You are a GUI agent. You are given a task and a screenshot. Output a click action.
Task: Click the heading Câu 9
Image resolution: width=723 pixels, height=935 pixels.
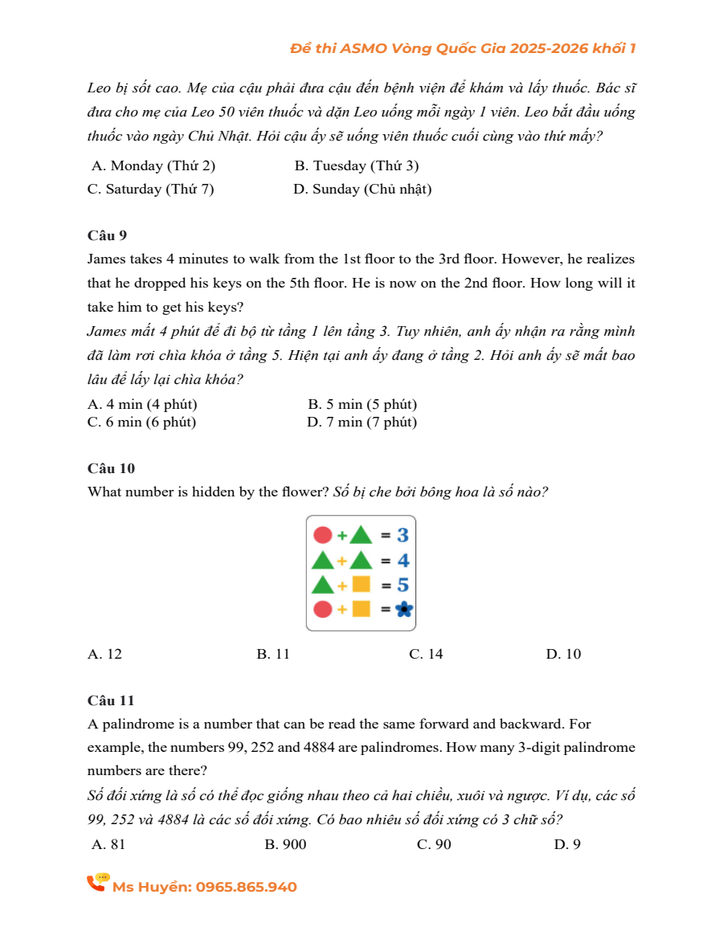tap(107, 235)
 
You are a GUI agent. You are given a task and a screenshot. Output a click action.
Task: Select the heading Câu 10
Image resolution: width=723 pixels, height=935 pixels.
tap(111, 467)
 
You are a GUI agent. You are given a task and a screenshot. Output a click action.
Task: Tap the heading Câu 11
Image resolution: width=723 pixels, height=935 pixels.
tap(111, 700)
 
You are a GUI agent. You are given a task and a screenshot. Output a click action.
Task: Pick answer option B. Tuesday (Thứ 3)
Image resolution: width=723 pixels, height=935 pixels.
tap(356, 166)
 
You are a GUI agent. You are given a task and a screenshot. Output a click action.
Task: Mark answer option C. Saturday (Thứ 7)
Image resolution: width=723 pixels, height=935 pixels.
tap(150, 190)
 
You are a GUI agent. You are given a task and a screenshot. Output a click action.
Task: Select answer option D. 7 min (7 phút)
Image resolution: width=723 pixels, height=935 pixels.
tap(361, 423)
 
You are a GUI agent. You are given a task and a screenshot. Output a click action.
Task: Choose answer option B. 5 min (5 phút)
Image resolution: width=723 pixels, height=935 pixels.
tap(361, 405)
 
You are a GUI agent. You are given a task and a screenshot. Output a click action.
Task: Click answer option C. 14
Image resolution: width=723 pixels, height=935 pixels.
tap(426, 654)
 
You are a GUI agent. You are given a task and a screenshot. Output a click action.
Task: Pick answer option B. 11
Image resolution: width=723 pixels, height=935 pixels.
tap(273, 654)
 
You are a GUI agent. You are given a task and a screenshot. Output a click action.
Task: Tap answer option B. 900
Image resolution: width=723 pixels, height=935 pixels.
tap(285, 844)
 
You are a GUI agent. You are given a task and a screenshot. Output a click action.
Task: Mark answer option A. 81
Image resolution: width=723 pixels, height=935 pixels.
tap(109, 844)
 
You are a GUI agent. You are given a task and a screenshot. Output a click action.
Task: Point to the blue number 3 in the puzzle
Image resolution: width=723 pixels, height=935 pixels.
tap(402, 535)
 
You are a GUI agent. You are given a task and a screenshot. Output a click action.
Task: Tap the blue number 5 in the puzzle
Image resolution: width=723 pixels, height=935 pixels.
tap(402, 585)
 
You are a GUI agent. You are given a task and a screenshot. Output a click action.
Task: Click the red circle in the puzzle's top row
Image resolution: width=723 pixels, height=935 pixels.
tap(322, 535)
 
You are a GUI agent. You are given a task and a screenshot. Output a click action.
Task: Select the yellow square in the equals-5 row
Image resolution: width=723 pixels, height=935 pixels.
tap(361, 585)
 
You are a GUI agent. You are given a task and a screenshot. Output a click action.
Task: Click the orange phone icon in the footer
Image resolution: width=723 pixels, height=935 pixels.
tap(97, 883)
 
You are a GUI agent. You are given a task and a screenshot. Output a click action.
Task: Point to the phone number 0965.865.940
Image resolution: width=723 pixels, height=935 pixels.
tap(246, 887)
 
